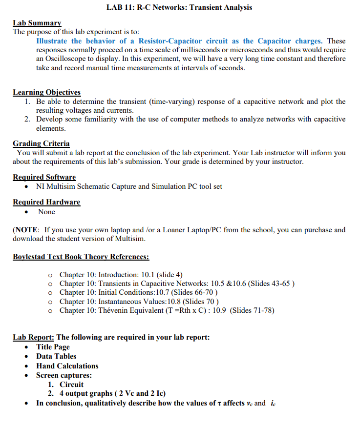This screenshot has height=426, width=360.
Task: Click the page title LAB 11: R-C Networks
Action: click(x=179, y=7)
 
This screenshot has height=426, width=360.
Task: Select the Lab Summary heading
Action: click(x=37, y=23)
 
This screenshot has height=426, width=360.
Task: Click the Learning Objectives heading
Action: click(x=46, y=92)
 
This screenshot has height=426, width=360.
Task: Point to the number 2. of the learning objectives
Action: click(x=28, y=119)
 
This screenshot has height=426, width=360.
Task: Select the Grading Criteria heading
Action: click(x=41, y=143)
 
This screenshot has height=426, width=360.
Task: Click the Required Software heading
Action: click(x=44, y=177)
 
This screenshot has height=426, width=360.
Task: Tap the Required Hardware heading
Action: click(x=46, y=202)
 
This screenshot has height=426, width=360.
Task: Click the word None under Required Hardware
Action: click(x=46, y=212)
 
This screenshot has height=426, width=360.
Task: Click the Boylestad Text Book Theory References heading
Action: click(x=81, y=257)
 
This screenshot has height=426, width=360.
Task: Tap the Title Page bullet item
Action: click(x=53, y=347)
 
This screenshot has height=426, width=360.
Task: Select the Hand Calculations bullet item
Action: click(x=67, y=366)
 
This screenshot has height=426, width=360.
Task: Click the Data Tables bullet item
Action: click(x=56, y=356)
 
